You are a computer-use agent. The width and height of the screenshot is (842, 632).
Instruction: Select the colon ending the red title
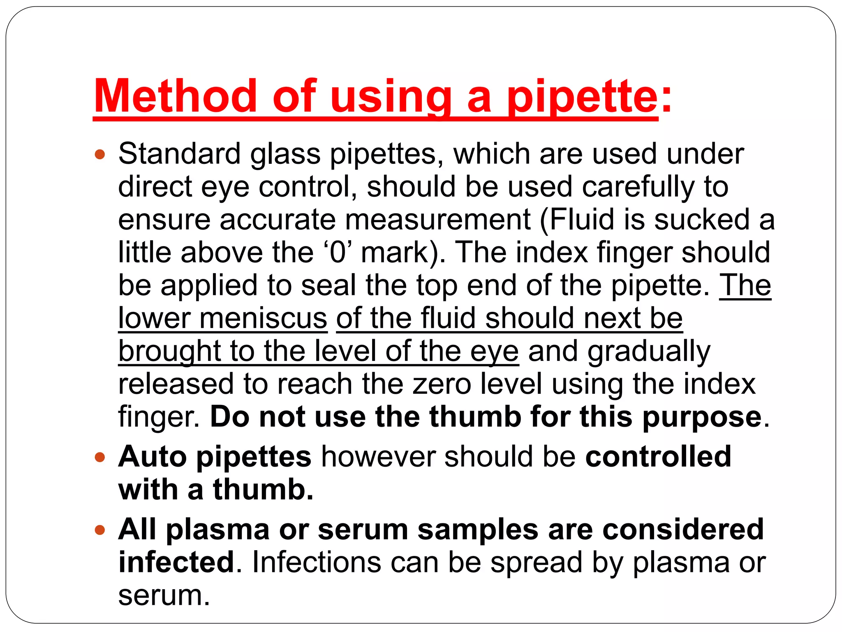666,101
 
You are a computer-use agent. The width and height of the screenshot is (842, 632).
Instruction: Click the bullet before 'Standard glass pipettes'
100,155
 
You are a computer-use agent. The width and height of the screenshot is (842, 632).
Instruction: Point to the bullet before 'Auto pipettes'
100,457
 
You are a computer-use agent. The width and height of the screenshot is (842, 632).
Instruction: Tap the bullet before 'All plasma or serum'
100,530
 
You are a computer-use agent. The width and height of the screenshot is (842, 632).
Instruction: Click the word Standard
179,154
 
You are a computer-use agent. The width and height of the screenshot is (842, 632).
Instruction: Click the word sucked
702,219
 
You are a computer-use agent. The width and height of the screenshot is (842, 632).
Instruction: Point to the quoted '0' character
338,252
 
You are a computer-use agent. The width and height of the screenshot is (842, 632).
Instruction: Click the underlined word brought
169,352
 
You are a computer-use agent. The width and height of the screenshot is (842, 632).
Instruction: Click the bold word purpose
702,418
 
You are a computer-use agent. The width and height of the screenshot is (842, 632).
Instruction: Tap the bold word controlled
658,456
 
